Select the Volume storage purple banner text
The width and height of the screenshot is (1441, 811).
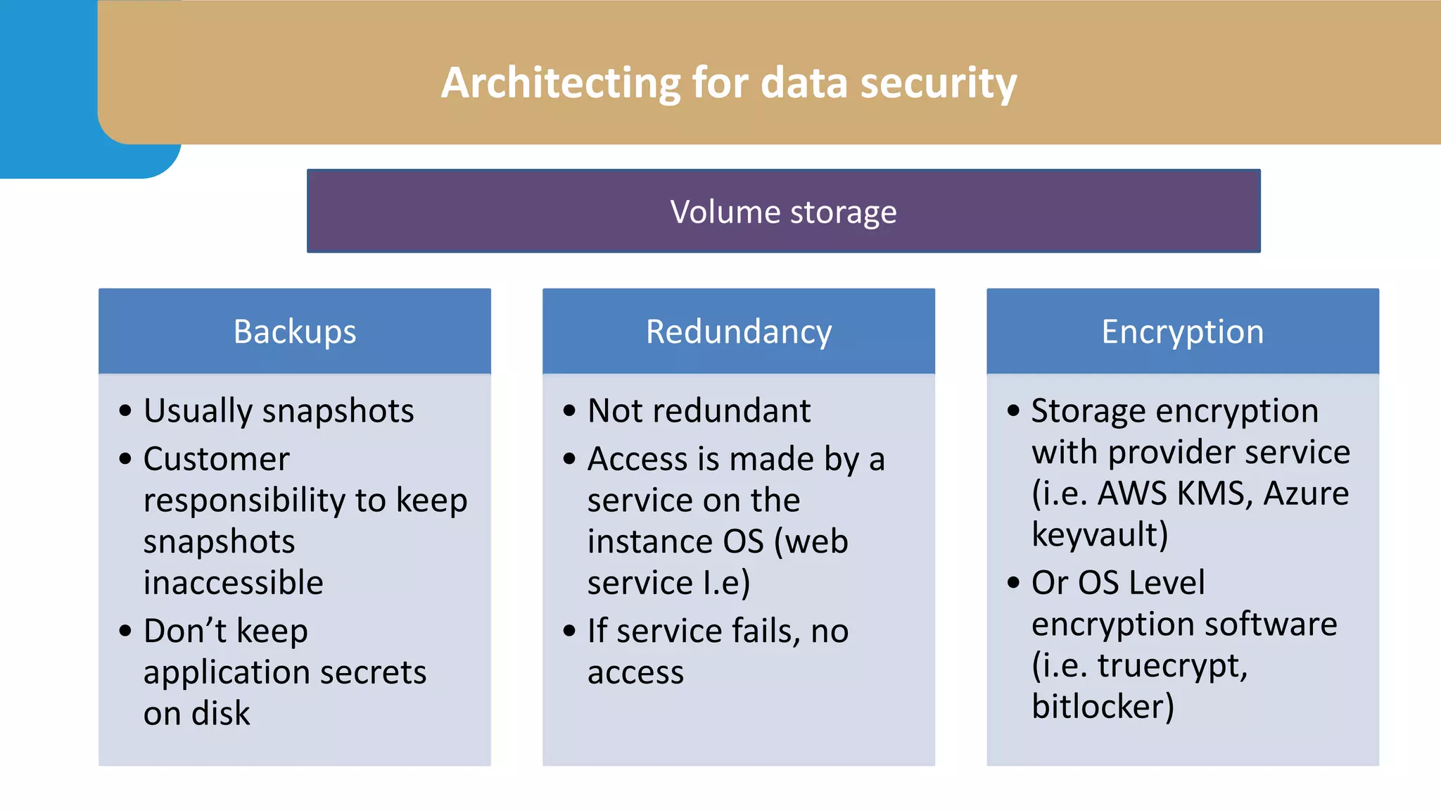point(783,212)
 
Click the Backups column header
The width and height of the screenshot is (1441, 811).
point(295,332)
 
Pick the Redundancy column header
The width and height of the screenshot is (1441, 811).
point(739,332)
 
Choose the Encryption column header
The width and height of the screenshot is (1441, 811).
point(1182,332)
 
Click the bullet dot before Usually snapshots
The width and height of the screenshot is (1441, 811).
point(125,411)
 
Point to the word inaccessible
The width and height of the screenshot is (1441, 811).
point(233,583)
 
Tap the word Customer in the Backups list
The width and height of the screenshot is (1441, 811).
point(216,459)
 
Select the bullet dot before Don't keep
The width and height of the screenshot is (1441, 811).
point(125,631)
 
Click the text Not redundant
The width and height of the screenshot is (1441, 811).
point(699,410)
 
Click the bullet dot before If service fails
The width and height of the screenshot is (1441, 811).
point(569,631)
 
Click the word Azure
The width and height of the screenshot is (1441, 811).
point(1306,493)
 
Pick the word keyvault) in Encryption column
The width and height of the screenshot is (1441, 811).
point(1100,534)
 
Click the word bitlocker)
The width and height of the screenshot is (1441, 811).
point(1103,706)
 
